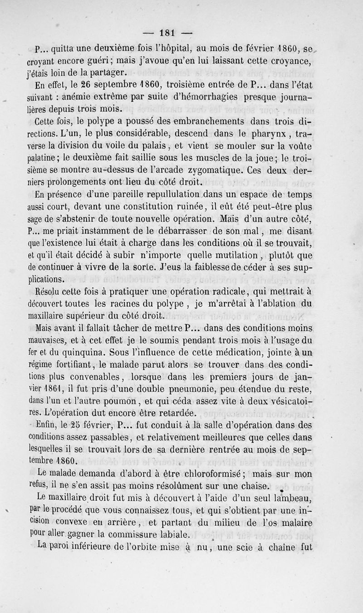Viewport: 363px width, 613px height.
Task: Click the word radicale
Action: click(x=226, y=292)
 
